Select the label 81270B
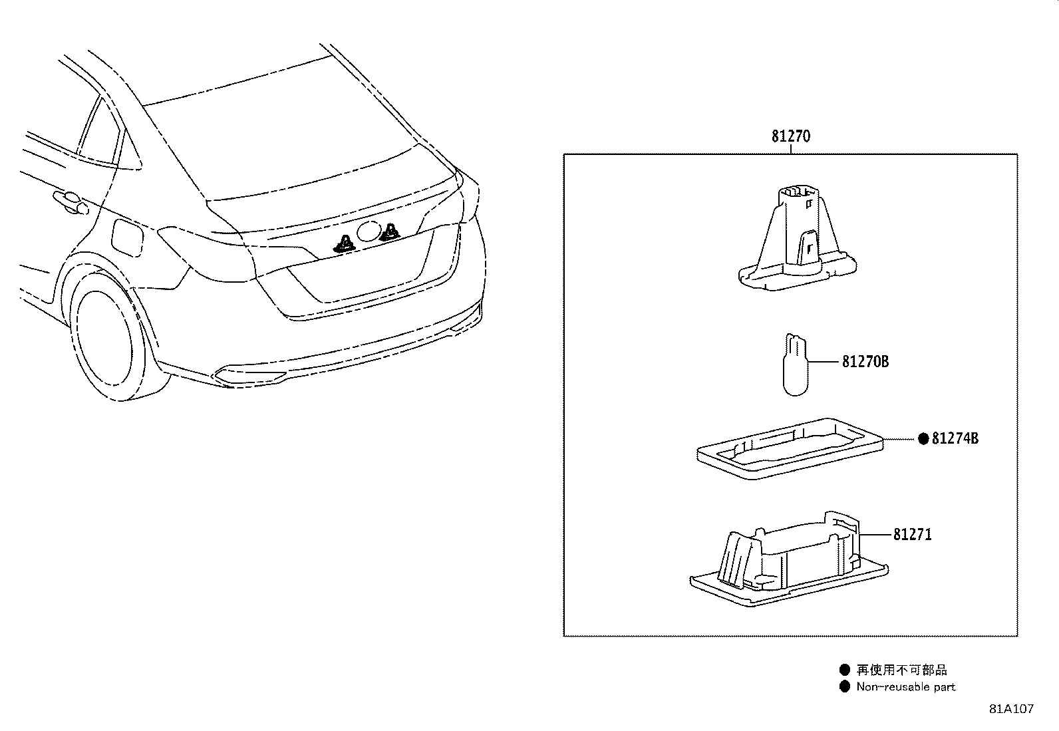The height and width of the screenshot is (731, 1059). coord(865,362)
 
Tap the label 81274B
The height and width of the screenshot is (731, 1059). coord(955,438)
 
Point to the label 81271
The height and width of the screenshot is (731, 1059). coord(912,534)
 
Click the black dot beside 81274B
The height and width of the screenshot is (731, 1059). coord(923,438)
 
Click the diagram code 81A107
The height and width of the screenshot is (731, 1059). coord(1011,709)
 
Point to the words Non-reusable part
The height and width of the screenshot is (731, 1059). coord(905,687)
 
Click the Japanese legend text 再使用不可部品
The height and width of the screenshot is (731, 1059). coord(901,670)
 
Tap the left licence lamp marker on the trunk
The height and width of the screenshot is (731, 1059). coord(345,244)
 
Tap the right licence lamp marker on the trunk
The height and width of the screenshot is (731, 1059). coord(389,231)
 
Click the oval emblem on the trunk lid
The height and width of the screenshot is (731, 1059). coord(367,232)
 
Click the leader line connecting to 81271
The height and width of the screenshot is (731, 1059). coord(874,534)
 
